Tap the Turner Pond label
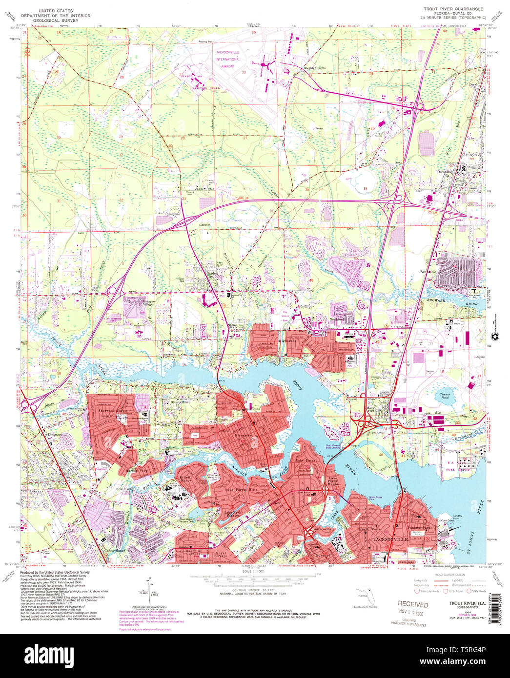pyautogui.click(x=444, y=396)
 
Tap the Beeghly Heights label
pyautogui.click(x=314, y=68)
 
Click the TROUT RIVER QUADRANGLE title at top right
pyautogui.click(x=453, y=9)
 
